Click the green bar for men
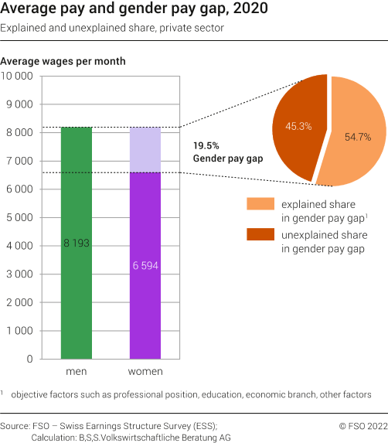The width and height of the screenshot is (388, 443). point(77,294)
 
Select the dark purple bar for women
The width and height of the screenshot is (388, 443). point(145,309)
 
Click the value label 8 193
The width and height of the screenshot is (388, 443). point(77,243)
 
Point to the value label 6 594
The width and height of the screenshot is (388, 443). point(145,265)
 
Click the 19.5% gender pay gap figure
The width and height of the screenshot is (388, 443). point(205,145)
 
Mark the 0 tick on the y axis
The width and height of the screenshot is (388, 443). point(29,359)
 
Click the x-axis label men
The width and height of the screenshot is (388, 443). point(77,372)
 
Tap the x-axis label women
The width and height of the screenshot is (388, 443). point(145,372)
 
